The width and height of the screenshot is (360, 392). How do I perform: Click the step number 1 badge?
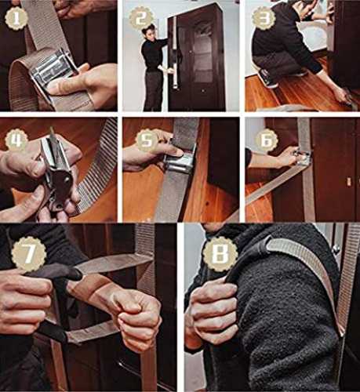coord(16,19)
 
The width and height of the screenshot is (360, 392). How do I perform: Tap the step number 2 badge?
coord(141,19)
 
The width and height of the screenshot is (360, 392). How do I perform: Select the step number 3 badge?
coord(264,19)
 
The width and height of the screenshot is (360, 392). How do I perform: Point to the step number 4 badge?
coord(16,140)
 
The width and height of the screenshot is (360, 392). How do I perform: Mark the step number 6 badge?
coord(266,140)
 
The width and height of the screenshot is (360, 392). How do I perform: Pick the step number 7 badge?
coord(29,254)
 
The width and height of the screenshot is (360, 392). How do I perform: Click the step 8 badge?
coord(220,254)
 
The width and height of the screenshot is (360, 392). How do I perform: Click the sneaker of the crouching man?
coord(268,78)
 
